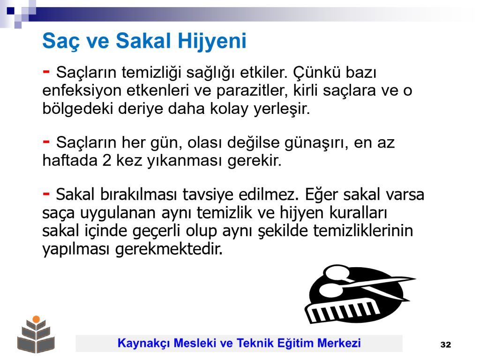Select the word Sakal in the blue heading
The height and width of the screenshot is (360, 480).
[x=143, y=40]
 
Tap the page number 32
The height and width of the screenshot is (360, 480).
[x=446, y=345]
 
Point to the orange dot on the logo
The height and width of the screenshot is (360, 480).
[x=36, y=319]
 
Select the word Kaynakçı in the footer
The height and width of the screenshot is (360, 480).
[x=143, y=344]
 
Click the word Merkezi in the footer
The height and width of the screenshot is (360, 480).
[x=339, y=343]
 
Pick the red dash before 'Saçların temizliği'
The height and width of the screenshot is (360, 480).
[x=46, y=72]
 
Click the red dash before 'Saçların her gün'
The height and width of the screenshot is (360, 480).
[x=46, y=142]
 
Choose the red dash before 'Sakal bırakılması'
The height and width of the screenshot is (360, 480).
[x=46, y=194]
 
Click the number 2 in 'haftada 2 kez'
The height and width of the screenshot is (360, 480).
[x=106, y=160]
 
